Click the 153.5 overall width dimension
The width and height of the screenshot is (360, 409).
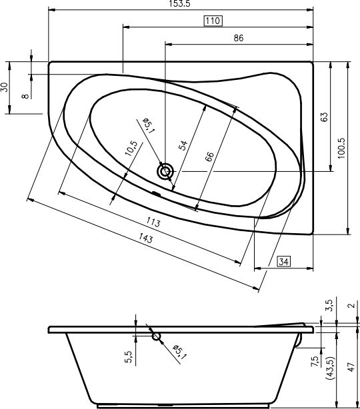[179, 3]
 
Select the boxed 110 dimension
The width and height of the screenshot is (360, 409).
[213, 21]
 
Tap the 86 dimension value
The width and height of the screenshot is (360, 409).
[239, 38]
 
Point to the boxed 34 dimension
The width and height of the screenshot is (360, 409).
[283, 261]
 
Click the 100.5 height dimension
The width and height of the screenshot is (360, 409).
[341, 148]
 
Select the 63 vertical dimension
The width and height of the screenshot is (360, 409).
[323, 117]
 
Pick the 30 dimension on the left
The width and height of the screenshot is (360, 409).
[5, 87]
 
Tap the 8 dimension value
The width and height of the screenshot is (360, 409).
[25, 96]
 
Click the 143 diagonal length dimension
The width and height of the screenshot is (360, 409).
[146, 238]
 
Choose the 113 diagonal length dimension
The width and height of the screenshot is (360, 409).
[153, 222]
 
